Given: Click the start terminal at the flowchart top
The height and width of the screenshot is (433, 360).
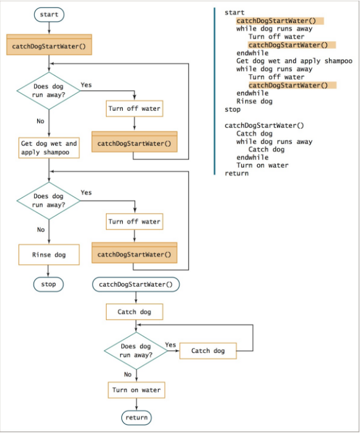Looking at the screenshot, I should pyautogui.click(x=48, y=14).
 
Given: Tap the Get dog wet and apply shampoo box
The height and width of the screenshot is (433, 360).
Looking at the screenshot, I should pyautogui.click(x=49, y=147).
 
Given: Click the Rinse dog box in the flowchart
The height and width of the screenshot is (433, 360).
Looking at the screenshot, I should pyautogui.click(x=48, y=255).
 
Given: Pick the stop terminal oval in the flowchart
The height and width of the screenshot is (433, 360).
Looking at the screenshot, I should pyautogui.click(x=48, y=284).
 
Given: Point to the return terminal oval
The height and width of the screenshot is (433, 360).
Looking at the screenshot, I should pyautogui.click(x=136, y=418).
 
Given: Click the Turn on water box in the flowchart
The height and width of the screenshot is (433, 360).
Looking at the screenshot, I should pyautogui.click(x=136, y=390).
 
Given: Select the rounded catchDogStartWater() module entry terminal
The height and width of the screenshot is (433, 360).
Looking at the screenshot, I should pyautogui.click(x=136, y=284).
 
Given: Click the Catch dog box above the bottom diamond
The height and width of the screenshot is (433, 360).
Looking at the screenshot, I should pyautogui.click(x=134, y=312).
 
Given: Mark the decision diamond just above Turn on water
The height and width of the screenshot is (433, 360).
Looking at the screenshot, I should pyautogui.click(x=135, y=351).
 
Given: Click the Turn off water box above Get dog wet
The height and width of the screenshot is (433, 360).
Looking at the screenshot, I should pyautogui.click(x=134, y=109).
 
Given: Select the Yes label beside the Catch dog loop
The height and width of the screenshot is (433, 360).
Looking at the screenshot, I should pyautogui.click(x=170, y=345).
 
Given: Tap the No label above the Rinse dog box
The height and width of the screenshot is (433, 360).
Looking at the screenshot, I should pyautogui.click(x=41, y=230).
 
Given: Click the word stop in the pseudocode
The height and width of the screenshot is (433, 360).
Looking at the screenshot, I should pyautogui.click(x=232, y=110).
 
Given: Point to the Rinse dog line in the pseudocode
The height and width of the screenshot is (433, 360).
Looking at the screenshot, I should pyautogui.click(x=254, y=102).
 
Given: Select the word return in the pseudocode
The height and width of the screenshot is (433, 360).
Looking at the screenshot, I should pyautogui.click(x=236, y=173).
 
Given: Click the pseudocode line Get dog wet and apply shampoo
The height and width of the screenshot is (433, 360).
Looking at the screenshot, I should pyautogui.click(x=294, y=61).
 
